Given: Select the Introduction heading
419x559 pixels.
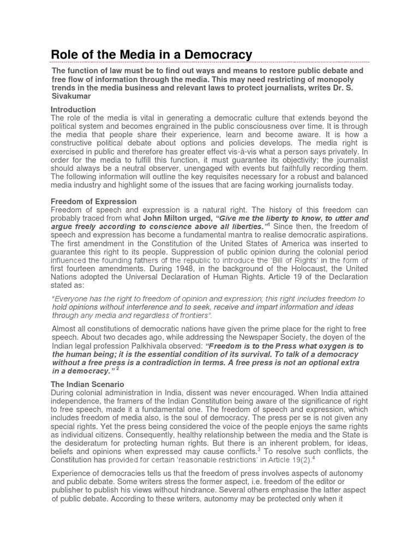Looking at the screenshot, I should (x=73, y=110).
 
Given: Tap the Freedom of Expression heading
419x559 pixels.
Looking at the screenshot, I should (x=93, y=201).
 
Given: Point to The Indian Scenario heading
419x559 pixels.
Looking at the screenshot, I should (x=87, y=385).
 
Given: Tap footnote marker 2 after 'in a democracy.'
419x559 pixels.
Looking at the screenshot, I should (x=117, y=369).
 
